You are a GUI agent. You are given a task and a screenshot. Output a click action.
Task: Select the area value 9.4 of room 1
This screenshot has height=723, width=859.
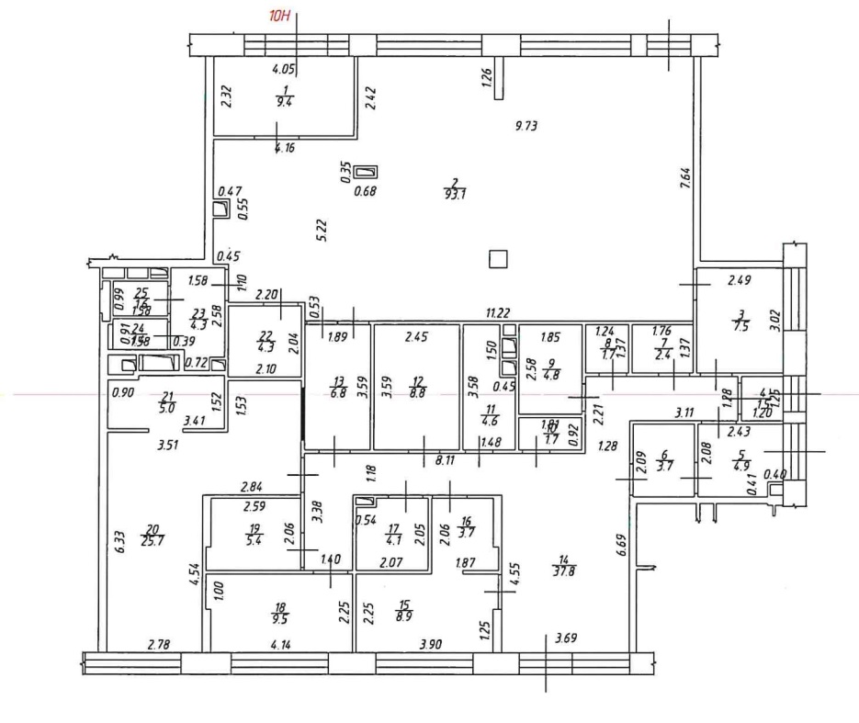286,103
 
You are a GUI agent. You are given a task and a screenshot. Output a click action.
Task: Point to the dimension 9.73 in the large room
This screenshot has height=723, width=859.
526,127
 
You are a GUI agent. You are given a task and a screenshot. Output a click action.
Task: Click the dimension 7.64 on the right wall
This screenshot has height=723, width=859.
684,175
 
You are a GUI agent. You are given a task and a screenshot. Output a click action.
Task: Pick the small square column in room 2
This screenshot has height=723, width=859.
498,259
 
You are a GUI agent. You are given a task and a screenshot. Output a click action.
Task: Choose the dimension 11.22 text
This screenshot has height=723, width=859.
498,313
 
